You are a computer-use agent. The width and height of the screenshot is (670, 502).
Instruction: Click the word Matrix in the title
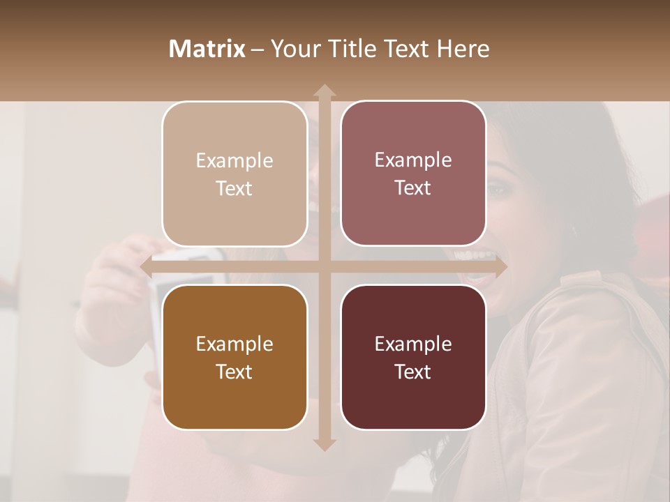click(x=207, y=49)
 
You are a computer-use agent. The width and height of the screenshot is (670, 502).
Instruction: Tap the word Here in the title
click(x=463, y=49)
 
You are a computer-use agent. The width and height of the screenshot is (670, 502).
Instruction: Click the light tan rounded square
click(x=234, y=174)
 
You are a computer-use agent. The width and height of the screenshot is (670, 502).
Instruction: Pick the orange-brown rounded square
click(x=234, y=357)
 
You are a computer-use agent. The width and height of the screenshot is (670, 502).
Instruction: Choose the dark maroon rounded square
click(x=413, y=357)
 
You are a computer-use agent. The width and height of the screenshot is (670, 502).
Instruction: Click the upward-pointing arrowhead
click(x=324, y=91)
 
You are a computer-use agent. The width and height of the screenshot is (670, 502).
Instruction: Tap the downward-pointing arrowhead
click(x=324, y=444)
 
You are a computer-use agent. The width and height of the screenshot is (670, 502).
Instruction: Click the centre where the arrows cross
click(x=324, y=266)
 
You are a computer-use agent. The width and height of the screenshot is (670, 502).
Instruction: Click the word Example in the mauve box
click(x=413, y=160)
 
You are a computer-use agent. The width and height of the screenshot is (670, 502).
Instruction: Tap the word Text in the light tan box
click(x=234, y=188)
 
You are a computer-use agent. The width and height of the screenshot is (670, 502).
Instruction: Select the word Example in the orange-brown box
click(x=234, y=344)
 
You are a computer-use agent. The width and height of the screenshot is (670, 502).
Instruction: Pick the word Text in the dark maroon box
click(x=413, y=372)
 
